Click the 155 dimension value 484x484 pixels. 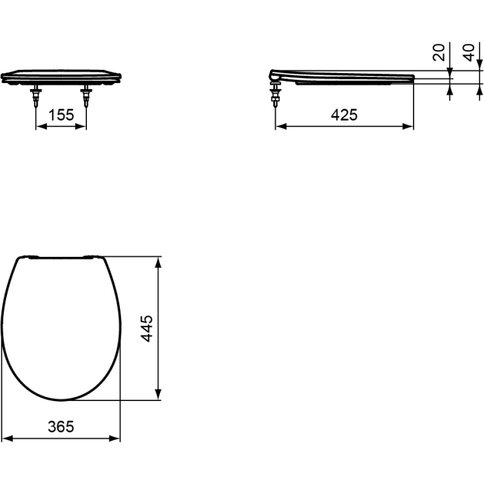click(x=61, y=115)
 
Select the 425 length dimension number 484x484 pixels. click(x=344, y=115)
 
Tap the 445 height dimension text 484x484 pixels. click(x=148, y=328)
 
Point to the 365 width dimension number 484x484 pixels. click(x=61, y=426)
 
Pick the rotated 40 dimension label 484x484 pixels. click(x=469, y=53)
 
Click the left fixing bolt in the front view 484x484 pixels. click(x=36, y=97)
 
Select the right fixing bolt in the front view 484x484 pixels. click(x=86, y=97)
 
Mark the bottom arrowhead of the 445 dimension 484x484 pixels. click(x=158, y=394)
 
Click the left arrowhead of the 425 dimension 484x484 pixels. click(x=279, y=126)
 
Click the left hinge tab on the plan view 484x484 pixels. click(x=32, y=255)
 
